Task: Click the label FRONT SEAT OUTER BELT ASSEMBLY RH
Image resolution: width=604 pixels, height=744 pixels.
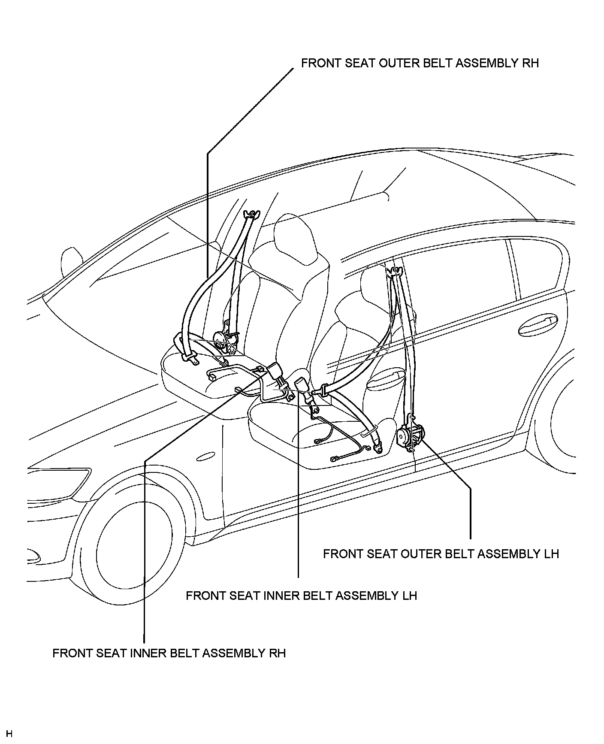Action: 420,63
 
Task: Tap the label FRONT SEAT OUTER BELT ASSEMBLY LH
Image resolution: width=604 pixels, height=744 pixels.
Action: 441,554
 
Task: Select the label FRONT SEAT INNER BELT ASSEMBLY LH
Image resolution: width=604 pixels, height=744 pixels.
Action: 301,596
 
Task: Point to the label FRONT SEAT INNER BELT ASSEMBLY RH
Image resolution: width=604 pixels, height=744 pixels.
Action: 169,653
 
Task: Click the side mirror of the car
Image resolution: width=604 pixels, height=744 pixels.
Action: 72,262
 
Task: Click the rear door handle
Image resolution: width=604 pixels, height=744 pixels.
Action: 538,326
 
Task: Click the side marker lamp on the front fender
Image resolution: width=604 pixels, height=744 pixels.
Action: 206,457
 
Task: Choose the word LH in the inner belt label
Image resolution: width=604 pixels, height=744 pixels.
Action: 409,596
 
